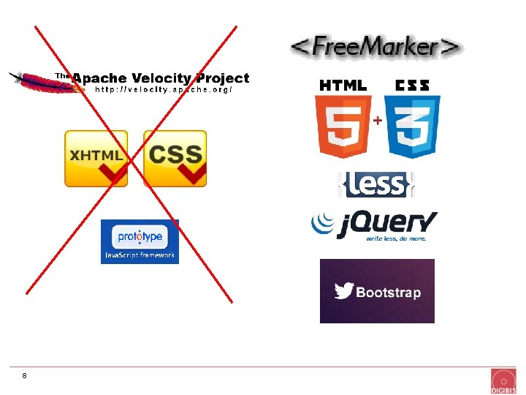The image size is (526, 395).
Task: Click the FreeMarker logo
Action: pos(376,46)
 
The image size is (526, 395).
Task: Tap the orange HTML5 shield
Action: pos(343,127)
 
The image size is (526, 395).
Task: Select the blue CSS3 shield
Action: pos(412,127)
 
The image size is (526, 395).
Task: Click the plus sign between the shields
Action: pos(378,120)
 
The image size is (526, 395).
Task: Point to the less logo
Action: pos(376,184)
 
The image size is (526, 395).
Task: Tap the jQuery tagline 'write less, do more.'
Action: pos(396,238)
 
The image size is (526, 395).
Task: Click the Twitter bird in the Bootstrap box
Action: pos(344,290)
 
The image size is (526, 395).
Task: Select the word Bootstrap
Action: pos(389,292)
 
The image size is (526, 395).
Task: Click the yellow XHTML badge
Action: pos(96,159)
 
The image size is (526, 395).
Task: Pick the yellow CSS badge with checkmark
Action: pos(175,159)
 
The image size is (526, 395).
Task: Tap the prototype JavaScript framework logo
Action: pos(140,241)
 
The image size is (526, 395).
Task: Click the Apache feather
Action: pos(46,83)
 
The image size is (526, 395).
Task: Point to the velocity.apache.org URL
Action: pos(164,89)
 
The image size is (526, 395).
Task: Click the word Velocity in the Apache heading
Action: pos(161,78)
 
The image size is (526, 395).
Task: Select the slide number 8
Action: pos(24,375)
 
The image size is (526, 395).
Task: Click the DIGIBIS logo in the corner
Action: pos(503,381)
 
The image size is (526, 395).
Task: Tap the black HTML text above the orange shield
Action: pos(343,86)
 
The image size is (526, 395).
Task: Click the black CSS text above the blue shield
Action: pos(412,86)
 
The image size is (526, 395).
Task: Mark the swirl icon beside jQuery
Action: pos(323,222)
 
